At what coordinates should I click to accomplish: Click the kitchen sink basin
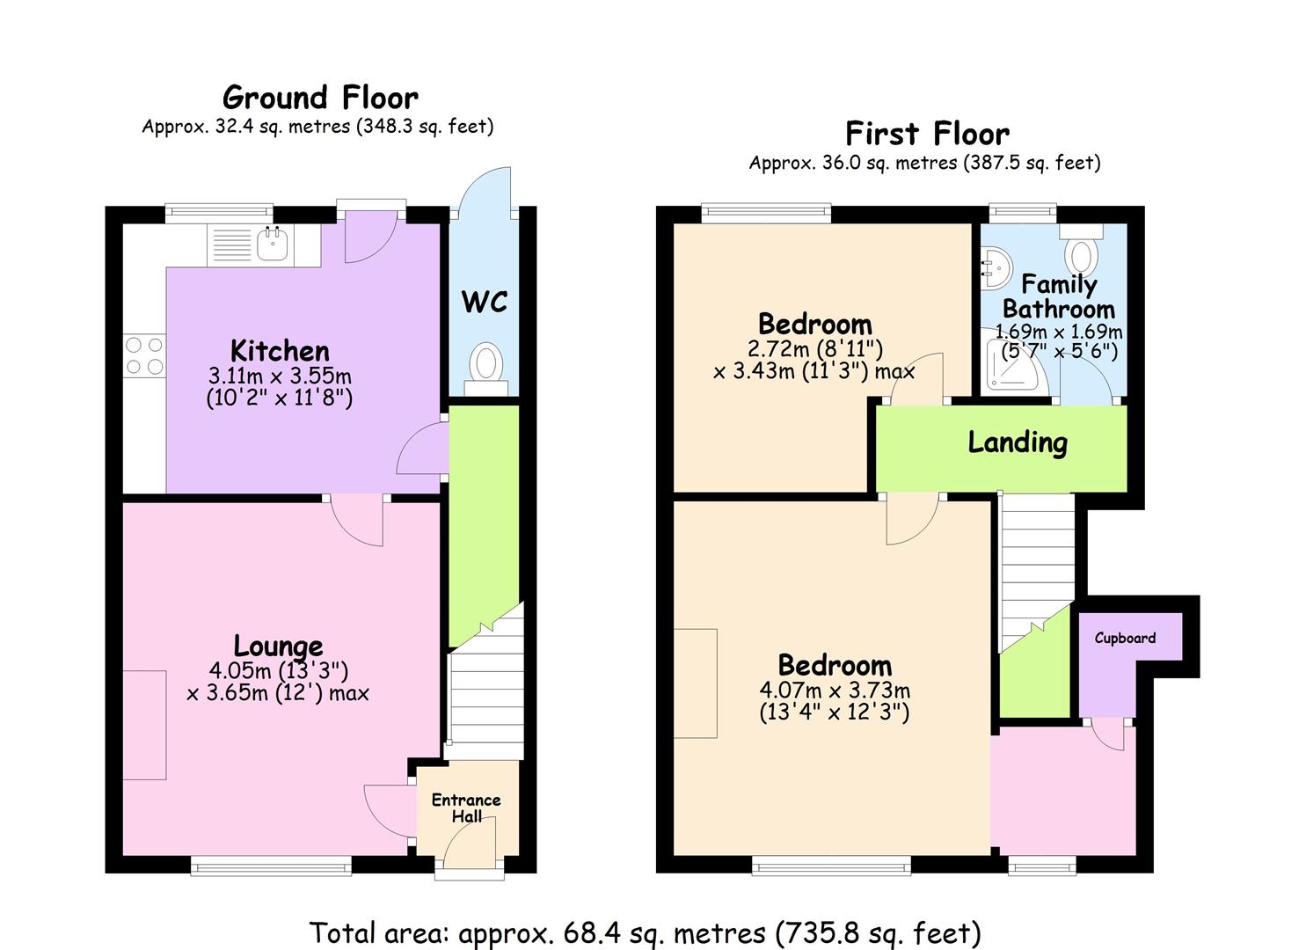(x=273, y=244)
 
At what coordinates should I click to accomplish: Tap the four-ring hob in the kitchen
(x=144, y=355)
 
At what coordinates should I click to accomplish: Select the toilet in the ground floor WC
(x=486, y=369)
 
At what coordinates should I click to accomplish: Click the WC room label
(x=485, y=302)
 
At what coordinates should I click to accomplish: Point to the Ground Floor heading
(x=320, y=98)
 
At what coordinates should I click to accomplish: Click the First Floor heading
(x=928, y=134)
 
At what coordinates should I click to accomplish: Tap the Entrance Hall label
(x=466, y=807)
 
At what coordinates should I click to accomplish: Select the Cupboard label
(x=1125, y=638)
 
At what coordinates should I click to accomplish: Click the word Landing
(x=1018, y=443)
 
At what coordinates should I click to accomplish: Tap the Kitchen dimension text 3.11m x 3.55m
(x=280, y=376)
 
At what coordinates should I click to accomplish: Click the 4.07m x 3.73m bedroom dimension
(x=835, y=691)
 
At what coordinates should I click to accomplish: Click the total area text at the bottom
(x=645, y=932)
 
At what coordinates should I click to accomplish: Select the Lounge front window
(x=271, y=866)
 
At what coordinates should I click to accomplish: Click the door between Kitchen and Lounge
(x=357, y=520)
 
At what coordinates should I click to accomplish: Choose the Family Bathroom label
(x=1059, y=296)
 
